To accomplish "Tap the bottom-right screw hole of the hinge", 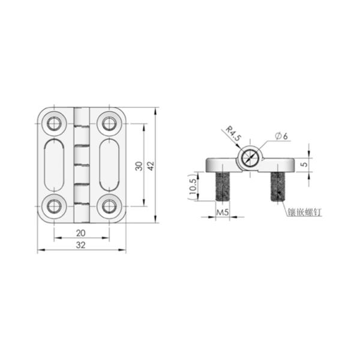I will coord(109,206).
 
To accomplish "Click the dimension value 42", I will coord(151,166).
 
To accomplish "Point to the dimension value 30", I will coord(139,166).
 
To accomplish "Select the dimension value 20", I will coord(81,233).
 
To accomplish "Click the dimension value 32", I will coord(81,245).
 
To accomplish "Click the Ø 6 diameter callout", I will coord(281,136).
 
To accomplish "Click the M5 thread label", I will coord(223,212).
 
